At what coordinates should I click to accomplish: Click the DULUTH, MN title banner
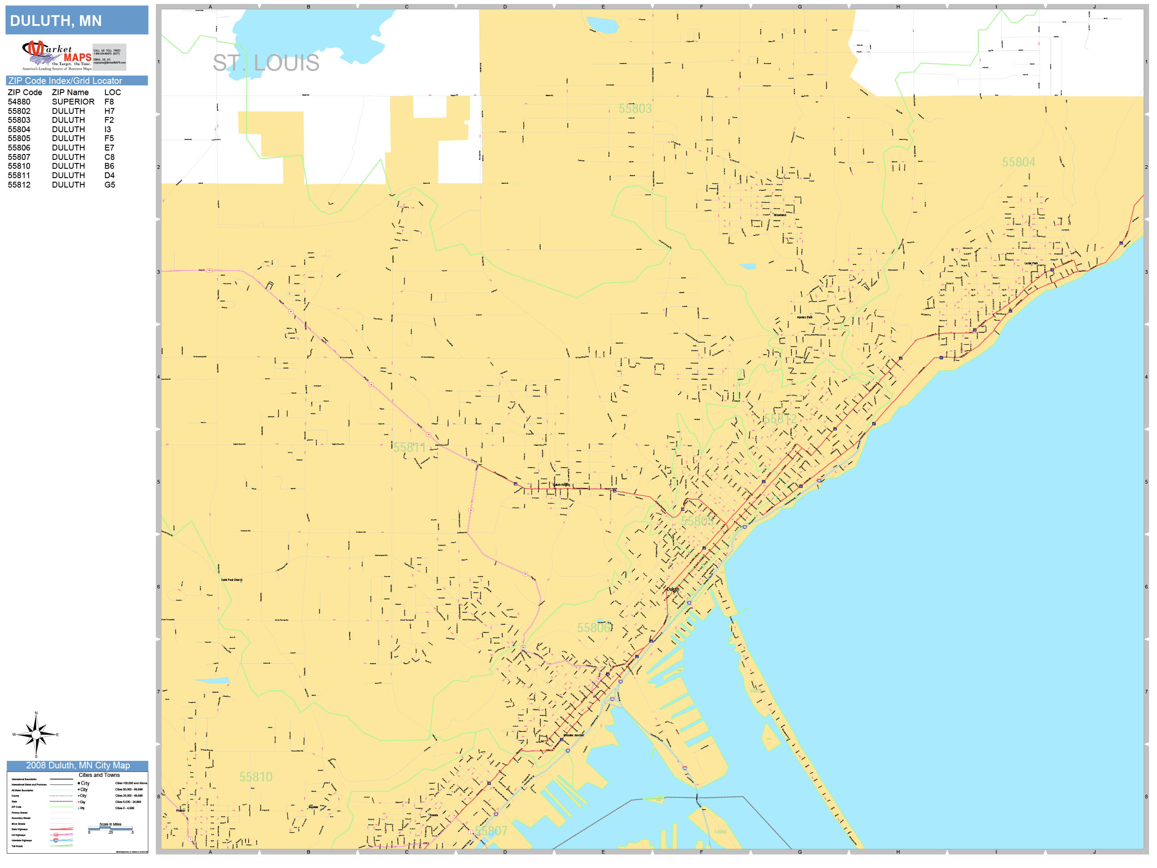coord(76,21)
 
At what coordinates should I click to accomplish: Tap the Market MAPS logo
coord(57,55)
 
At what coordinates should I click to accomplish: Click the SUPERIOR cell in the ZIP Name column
coord(73,101)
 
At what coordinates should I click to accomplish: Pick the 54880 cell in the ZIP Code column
coord(19,101)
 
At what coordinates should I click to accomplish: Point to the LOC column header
coord(112,92)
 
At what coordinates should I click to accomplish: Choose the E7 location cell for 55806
coord(109,147)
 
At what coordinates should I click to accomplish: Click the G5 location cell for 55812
coord(109,185)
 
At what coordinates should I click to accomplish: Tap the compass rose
coord(36,734)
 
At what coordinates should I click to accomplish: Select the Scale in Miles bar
coord(110,828)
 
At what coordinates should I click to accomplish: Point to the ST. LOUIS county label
coord(266,63)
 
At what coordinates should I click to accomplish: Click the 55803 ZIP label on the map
coord(635,108)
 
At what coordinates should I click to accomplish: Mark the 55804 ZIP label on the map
coord(1018,162)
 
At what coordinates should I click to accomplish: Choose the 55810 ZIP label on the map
coord(255,777)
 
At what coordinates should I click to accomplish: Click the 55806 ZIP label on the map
coord(593,627)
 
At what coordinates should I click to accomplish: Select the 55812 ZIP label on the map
coord(780,418)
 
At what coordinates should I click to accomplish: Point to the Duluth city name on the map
coord(672,589)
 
